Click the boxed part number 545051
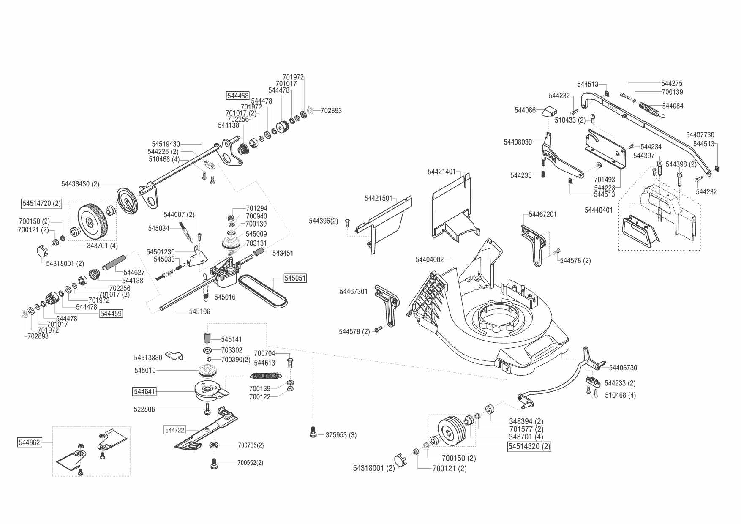coord(295,278)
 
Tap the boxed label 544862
coord(30,442)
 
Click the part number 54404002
coord(430,259)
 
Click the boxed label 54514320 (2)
coord(529,446)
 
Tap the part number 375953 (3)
coord(341,435)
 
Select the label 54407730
coord(700,135)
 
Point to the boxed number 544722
coord(174,430)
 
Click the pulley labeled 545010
coord(210,371)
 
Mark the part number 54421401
coord(441,172)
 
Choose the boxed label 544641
coord(144,392)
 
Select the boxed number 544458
coord(238,96)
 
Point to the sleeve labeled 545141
coord(207,339)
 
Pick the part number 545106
coord(199,311)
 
